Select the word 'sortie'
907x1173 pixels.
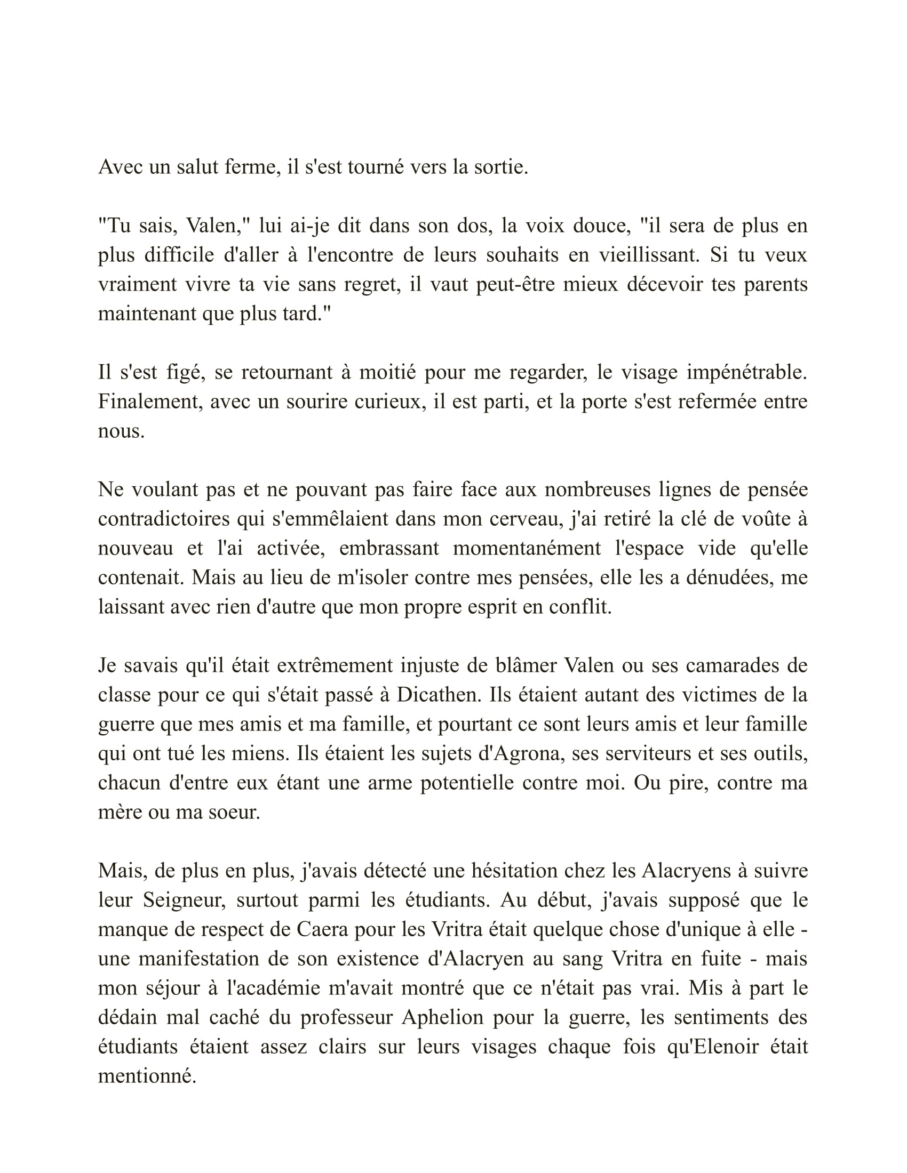[x=501, y=167]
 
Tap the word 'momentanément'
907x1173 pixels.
[x=527, y=548]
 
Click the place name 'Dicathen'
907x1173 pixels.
[x=440, y=695]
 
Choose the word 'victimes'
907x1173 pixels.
[x=717, y=695]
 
